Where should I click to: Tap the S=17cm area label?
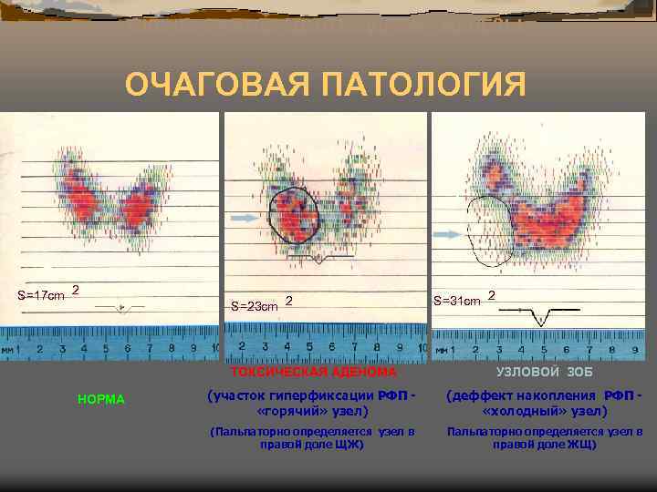(x=42, y=295)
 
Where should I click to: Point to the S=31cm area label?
(x=457, y=301)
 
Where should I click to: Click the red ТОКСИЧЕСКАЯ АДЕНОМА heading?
(x=314, y=373)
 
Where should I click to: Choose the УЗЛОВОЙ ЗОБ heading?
(x=545, y=373)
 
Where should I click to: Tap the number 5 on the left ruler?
(x=106, y=348)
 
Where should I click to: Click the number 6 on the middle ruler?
(x=330, y=347)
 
